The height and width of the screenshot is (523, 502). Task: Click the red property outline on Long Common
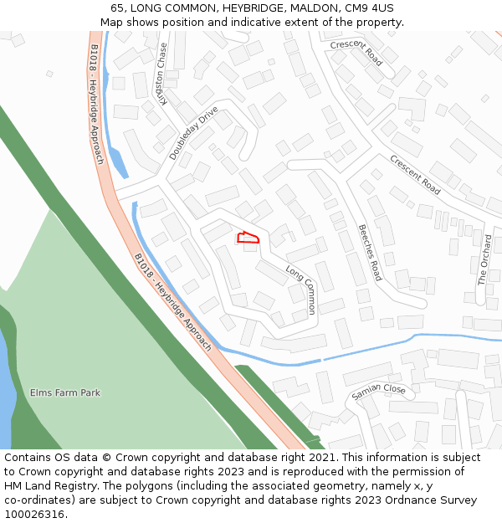click(248, 238)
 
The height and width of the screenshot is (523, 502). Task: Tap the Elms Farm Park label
click(64, 392)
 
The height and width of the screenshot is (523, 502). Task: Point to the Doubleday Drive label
click(193, 132)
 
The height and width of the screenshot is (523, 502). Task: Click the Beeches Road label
click(370, 252)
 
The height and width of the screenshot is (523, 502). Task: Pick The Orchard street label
click(484, 260)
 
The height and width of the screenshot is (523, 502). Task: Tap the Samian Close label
click(378, 391)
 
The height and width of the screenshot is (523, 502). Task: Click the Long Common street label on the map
click(301, 290)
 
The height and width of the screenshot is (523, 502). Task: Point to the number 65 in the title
click(117, 8)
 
